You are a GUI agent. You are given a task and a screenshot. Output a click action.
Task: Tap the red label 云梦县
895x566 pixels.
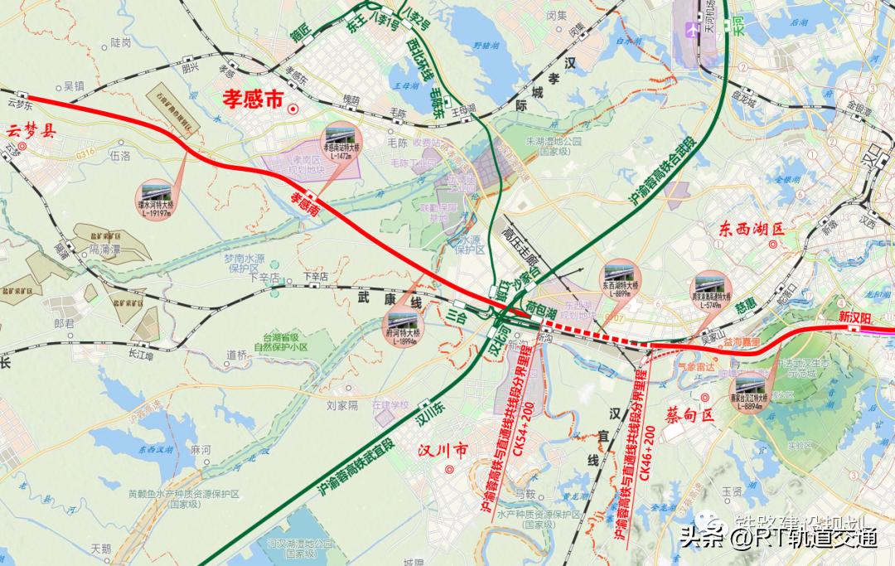point(31,130)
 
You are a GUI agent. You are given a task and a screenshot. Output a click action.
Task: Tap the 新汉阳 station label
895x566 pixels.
point(856,317)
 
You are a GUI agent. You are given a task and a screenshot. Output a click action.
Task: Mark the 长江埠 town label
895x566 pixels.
point(142,356)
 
